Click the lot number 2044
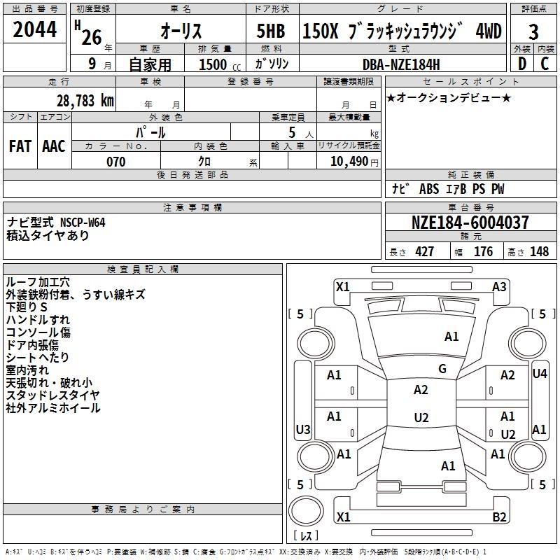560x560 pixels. (x=34, y=29)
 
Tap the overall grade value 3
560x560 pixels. (x=533, y=32)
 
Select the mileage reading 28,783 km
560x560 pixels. (x=85, y=101)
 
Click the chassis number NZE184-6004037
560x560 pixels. (x=470, y=223)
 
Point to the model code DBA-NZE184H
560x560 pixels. (x=401, y=64)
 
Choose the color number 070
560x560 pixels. (x=116, y=162)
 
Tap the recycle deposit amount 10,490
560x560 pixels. (x=349, y=161)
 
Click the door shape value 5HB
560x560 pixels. (x=271, y=31)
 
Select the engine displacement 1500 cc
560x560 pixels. (x=220, y=64)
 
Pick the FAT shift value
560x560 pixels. (x=20, y=146)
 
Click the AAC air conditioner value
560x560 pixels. (x=54, y=146)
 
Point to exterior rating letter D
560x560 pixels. (x=521, y=64)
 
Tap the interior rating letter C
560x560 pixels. (x=545, y=64)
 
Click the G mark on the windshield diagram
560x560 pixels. (x=442, y=369)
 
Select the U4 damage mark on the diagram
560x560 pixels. (x=539, y=374)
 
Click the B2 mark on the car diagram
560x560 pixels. (x=499, y=517)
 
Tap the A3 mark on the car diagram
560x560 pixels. (x=499, y=287)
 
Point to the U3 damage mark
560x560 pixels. (x=303, y=429)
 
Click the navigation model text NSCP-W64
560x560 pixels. (x=83, y=223)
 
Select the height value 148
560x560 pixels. (x=539, y=252)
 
